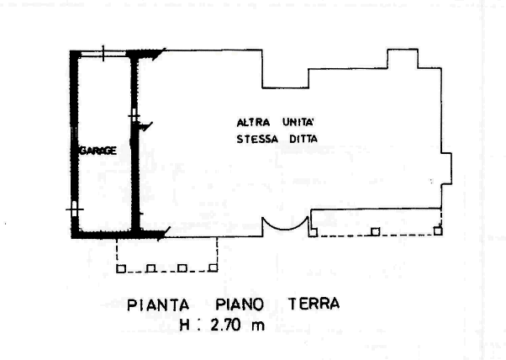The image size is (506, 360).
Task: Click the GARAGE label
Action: (98, 151)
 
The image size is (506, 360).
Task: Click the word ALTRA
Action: (253, 123)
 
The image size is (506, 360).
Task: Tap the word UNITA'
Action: (298, 122)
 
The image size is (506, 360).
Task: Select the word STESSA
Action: (257, 139)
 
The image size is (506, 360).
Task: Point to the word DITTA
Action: (303, 139)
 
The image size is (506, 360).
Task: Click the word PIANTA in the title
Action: (158, 305)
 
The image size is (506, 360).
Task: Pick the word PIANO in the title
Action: (240, 304)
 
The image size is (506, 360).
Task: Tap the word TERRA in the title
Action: (314, 304)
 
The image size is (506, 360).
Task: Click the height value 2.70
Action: (225, 325)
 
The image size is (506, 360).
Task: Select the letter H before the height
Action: (185, 326)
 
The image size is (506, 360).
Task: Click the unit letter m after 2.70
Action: (258, 326)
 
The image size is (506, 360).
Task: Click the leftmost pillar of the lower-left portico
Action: (121, 268)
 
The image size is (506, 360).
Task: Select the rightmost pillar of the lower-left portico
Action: (213, 267)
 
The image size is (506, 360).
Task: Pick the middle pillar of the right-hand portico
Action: (376, 231)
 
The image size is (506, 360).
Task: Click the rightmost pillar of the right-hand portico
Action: (438, 230)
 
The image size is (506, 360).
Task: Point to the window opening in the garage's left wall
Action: (75, 209)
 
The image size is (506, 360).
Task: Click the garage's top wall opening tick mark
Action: (103, 53)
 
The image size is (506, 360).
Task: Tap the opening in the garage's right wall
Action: (134, 115)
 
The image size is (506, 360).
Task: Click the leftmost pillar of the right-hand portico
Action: (313, 232)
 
